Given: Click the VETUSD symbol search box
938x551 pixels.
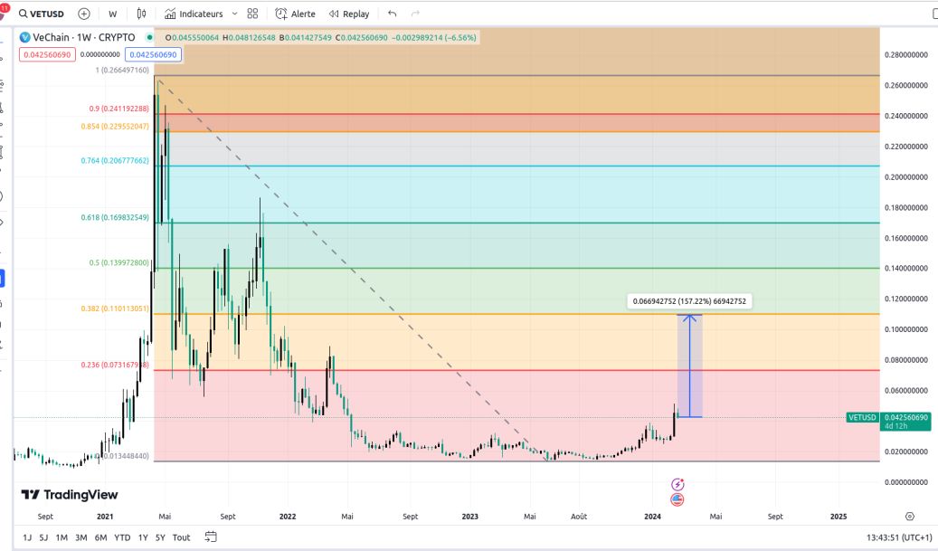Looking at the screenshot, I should (42, 14).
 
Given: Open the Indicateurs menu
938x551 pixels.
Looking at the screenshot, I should (201, 14).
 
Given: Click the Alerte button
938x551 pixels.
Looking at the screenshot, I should (297, 14).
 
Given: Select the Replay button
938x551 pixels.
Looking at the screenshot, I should (349, 14).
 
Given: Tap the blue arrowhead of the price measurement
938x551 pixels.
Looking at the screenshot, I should (691, 317).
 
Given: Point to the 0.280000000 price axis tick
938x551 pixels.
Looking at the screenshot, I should (907, 55).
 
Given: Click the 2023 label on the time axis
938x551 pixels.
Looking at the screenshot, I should (469, 516).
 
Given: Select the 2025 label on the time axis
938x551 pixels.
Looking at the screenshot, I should (838, 516).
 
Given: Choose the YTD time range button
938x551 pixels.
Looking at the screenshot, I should (122, 537).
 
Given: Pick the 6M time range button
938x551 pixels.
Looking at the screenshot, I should (100, 537).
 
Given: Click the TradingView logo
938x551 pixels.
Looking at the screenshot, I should (71, 495).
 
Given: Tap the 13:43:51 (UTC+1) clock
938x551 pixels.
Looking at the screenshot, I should (898, 537).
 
